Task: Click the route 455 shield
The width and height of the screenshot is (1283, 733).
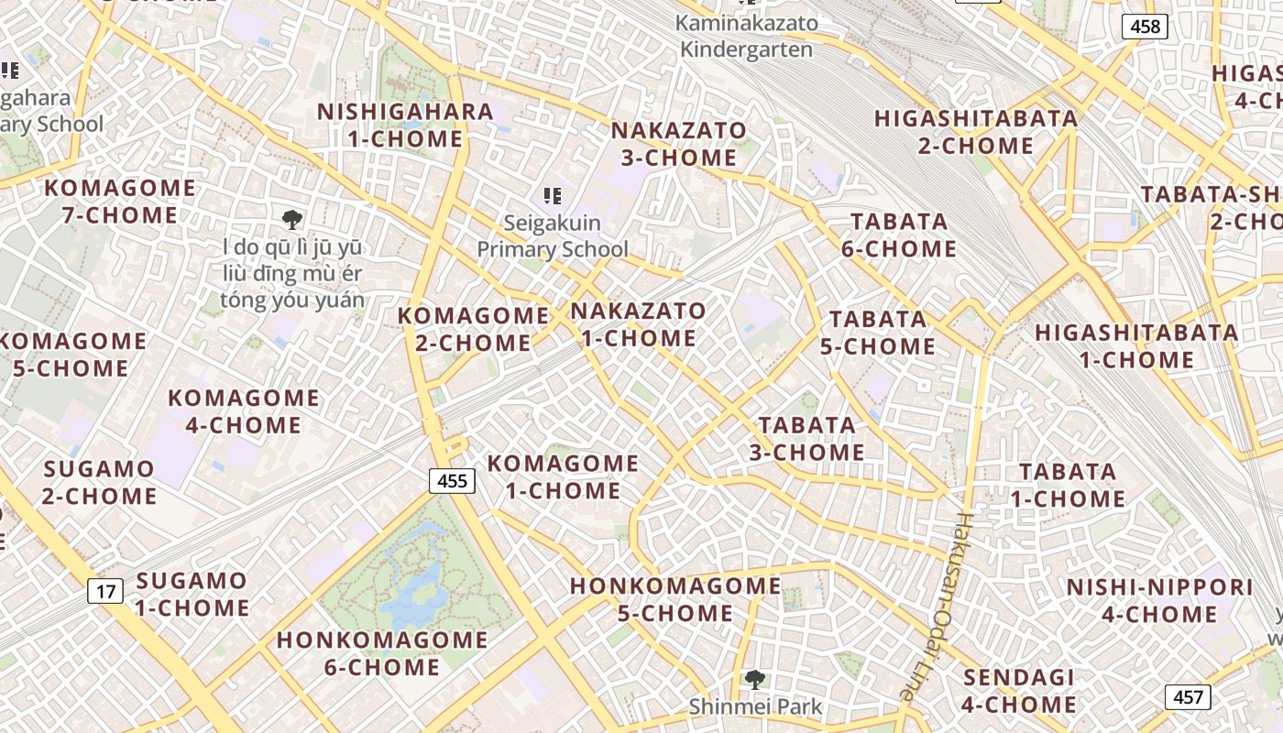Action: point(452,481)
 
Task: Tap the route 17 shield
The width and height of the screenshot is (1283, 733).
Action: point(106,591)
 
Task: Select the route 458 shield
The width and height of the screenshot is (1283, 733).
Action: point(1145,27)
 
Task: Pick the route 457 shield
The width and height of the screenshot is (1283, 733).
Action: point(1188,697)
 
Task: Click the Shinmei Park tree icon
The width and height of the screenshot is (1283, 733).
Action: point(755,679)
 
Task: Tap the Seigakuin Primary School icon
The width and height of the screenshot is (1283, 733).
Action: point(552,195)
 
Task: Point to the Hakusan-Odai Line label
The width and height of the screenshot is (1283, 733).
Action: point(938,606)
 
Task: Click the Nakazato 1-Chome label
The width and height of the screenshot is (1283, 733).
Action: point(639,324)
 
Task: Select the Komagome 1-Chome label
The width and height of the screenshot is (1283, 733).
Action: point(563,476)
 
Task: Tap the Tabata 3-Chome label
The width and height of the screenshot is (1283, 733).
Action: point(807,439)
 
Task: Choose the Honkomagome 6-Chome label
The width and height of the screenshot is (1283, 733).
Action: point(382,653)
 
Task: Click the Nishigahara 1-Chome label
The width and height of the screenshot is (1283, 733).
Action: point(405,126)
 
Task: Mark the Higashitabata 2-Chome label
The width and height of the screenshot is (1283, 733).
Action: point(976,132)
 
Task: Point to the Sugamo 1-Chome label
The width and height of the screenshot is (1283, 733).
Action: point(192,594)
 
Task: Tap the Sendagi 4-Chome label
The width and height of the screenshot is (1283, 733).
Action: point(1019,691)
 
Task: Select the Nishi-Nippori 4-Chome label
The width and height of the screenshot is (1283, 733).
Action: point(1159,600)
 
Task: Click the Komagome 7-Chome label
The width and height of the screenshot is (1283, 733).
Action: point(120,202)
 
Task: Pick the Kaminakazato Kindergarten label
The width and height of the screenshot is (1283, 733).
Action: point(746,36)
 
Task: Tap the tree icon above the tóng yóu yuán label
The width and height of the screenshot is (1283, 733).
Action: point(292,219)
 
